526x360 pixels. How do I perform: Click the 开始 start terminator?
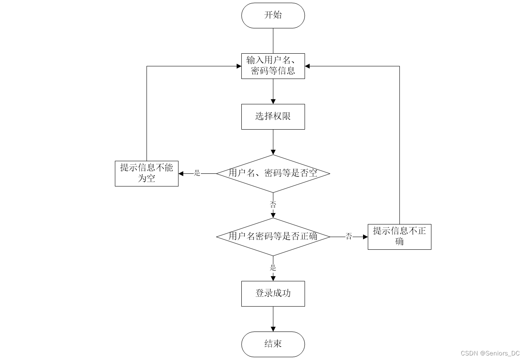click(273, 16)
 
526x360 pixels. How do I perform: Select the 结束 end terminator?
click(273, 344)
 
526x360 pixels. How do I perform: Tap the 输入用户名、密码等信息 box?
click(273, 66)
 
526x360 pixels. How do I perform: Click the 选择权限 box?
click(273, 117)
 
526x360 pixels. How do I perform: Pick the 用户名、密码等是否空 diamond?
click(273, 174)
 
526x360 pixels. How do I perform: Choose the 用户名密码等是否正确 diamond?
click(273, 237)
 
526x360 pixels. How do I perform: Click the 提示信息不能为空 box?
click(147, 174)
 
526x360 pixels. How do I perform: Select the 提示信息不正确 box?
click(399, 237)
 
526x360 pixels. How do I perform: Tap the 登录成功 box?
click(273, 294)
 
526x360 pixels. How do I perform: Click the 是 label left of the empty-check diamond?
click(197, 173)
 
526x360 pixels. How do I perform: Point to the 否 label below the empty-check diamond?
click(273, 204)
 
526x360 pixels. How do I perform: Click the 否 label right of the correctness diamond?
click(349, 236)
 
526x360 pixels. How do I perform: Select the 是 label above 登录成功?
click(273, 268)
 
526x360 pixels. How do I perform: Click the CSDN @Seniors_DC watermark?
click(490, 353)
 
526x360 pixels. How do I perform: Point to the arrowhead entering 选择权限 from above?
click(273, 102)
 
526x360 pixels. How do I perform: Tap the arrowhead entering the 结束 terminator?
click(273, 329)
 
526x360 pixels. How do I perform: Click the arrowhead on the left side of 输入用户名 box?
click(239, 66)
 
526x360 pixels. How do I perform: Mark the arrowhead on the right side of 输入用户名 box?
click(307, 66)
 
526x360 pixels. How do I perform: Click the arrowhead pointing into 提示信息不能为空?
click(181, 174)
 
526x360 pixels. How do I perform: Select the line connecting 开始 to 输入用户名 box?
click(273, 41)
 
